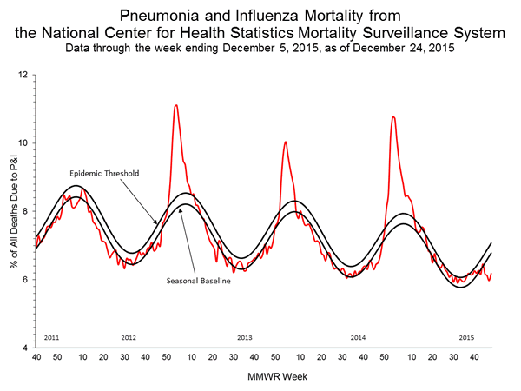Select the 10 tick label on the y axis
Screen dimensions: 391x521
click(23, 142)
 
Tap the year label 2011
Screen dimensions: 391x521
click(50, 336)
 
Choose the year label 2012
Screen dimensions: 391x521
click(128, 336)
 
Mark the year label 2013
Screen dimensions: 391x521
click(244, 336)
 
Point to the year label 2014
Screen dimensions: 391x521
click(357, 336)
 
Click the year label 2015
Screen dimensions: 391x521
click(465, 336)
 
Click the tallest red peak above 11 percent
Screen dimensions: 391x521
click(176, 106)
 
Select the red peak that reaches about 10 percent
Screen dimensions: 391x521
click(286, 142)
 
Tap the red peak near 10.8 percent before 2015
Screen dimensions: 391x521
click(394, 117)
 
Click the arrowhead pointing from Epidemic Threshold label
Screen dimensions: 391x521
click(156, 223)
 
